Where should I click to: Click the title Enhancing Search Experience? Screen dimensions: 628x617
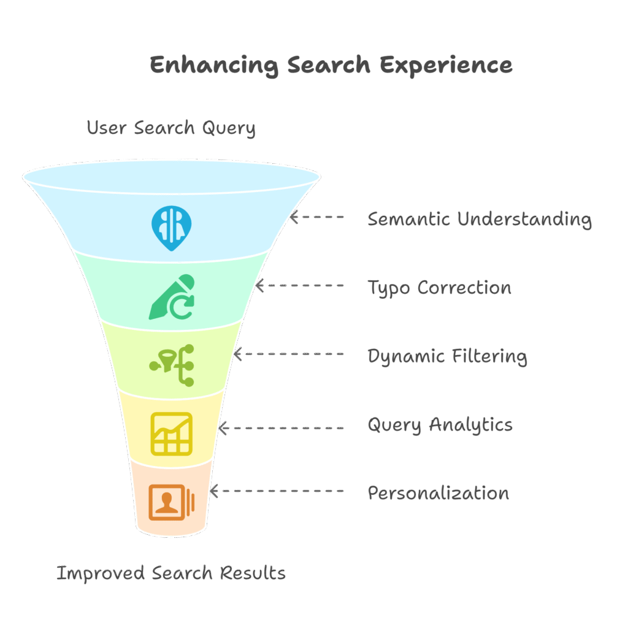[331, 65]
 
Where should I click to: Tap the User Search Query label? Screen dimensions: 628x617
[171, 128]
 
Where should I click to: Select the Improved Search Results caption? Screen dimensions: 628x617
[171, 573]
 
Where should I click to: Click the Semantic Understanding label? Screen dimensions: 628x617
[480, 219]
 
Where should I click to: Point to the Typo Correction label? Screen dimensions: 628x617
[439, 288]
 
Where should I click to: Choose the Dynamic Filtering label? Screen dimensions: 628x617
[447, 356]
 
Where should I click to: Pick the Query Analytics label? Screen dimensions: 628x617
[440, 424]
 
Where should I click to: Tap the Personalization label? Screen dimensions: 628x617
[438, 493]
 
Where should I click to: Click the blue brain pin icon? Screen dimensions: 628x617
[171, 228]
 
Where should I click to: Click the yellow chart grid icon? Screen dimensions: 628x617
[172, 433]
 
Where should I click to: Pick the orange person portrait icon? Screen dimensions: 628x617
[171, 502]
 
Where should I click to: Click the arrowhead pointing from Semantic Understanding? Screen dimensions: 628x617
[294, 217]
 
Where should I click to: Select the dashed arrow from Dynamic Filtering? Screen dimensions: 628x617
[288, 354]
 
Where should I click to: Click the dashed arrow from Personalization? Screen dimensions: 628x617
[277, 491]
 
